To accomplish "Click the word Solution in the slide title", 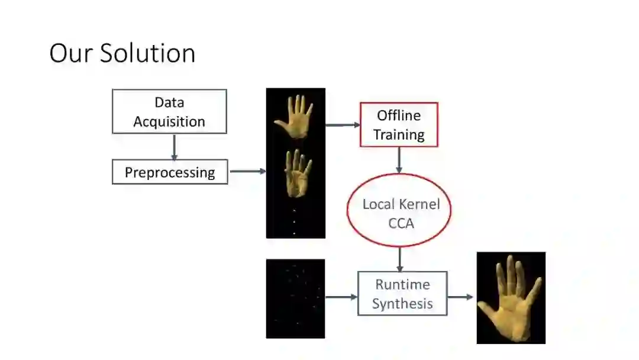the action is pos(148,53).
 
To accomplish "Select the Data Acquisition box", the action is pos(169,111).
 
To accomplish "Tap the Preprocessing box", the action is pos(170,172).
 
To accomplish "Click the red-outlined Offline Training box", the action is pos(399,125).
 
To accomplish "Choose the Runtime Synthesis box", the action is pos(402,294).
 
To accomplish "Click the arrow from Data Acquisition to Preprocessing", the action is pos(174,147).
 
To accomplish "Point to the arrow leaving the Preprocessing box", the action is pos(247,172).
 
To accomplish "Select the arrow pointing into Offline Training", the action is pos(343,125).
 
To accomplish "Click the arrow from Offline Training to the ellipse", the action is pos(399,160).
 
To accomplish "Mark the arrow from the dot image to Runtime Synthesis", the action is pos(341,296).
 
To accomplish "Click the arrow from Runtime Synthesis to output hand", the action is pos(461,296).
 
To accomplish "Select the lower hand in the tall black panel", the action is pos(295,173).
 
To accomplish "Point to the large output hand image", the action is pos(511,298).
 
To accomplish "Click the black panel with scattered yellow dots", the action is pos(295,298).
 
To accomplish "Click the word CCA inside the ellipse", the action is pos(401,224).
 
